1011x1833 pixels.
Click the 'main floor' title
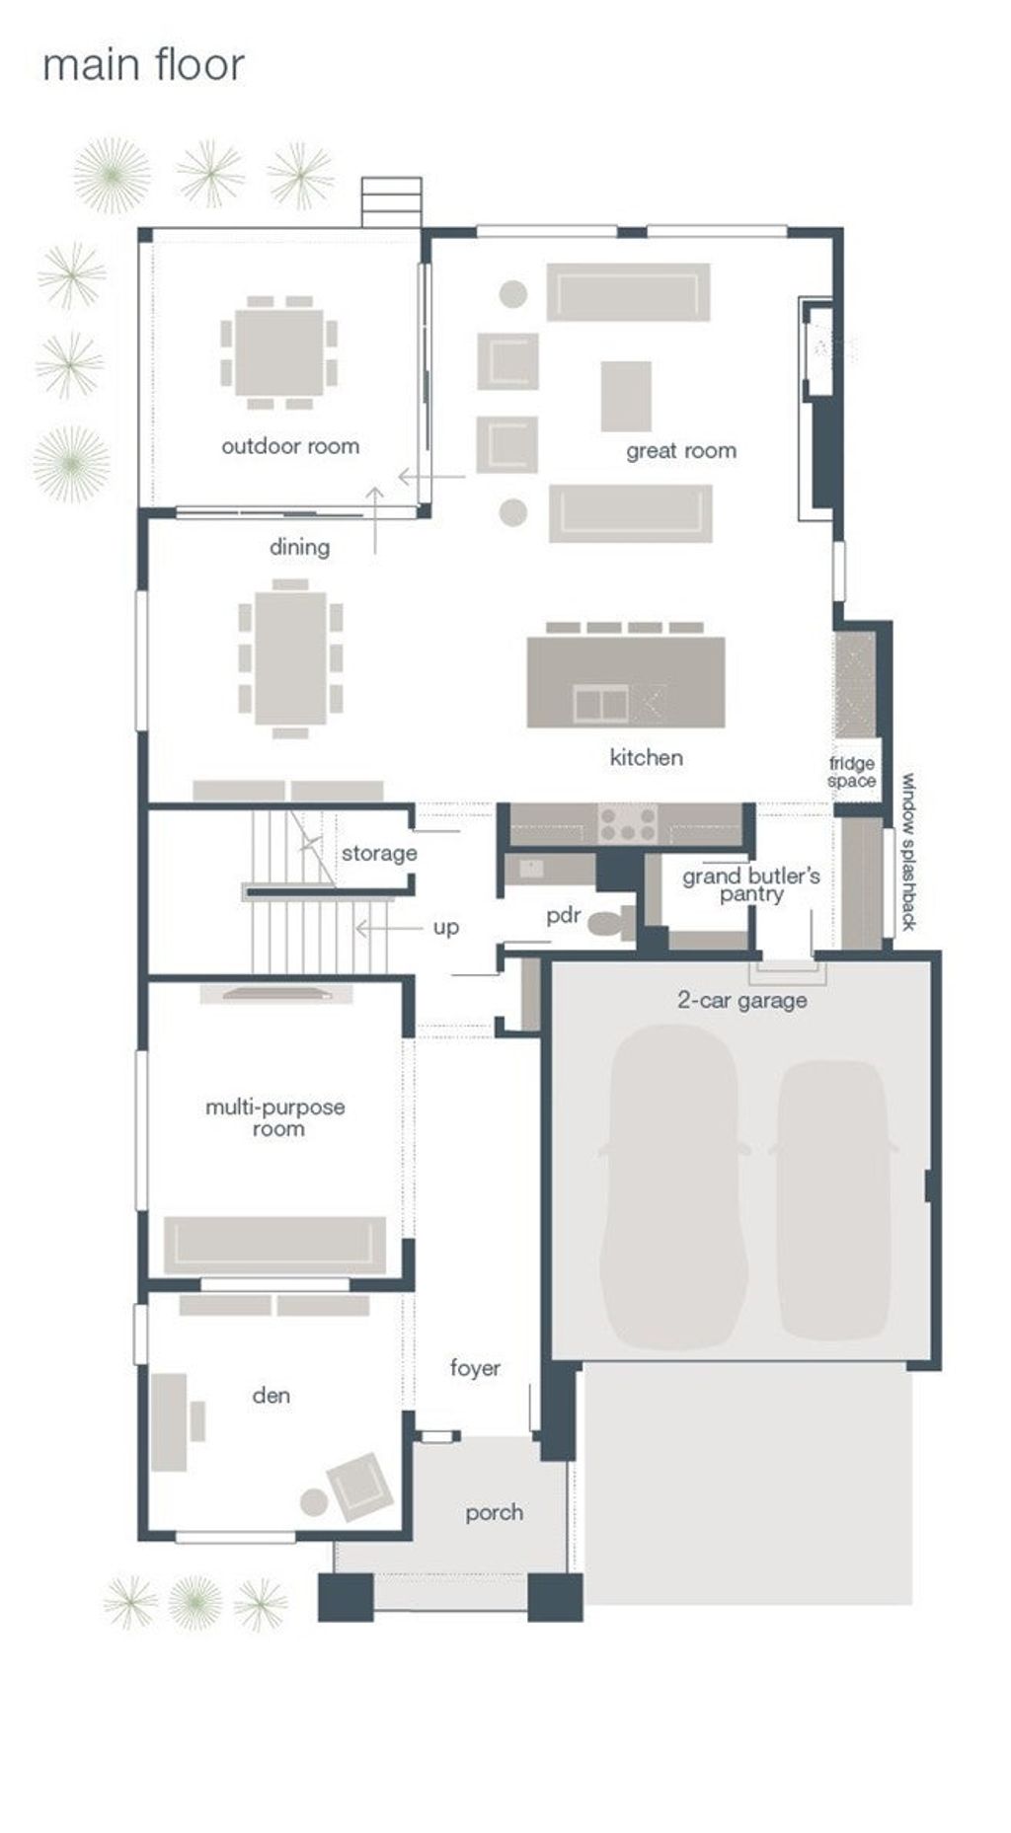pyautogui.click(x=143, y=66)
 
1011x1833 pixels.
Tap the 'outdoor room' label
pyautogui.click(x=290, y=446)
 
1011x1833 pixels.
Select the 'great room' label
pyautogui.click(x=681, y=451)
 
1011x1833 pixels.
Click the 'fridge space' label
pyautogui.click(x=852, y=772)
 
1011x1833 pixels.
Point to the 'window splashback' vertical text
pyautogui.click(x=909, y=852)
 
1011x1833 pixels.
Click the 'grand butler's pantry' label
pyautogui.click(x=751, y=884)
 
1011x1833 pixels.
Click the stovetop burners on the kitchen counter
pyautogui.click(x=629, y=823)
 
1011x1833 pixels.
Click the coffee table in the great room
pyautogui.click(x=626, y=396)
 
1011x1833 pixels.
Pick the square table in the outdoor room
pyautogui.click(x=278, y=352)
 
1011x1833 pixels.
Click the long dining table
pyautogui.click(x=290, y=657)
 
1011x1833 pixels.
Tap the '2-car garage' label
pyautogui.click(x=742, y=1000)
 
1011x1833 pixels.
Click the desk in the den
pyautogui.click(x=169, y=1421)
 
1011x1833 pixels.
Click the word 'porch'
pyautogui.click(x=495, y=1513)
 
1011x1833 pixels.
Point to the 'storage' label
pyautogui.click(x=379, y=853)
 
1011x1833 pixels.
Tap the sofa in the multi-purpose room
pyautogui.click(x=274, y=1246)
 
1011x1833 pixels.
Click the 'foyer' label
pyautogui.click(x=475, y=1368)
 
